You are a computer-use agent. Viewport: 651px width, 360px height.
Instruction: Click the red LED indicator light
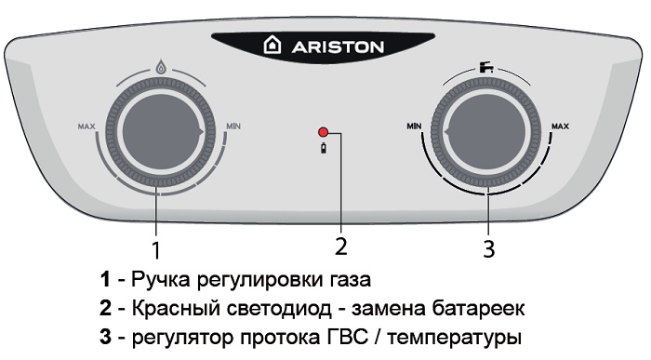(323, 133)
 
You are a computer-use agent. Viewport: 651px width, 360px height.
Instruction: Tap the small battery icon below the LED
(323, 148)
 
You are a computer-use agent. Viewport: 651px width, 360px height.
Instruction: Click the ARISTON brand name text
(337, 47)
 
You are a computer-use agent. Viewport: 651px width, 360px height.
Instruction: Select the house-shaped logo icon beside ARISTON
(272, 46)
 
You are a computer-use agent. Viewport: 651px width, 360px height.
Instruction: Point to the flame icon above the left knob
(161, 66)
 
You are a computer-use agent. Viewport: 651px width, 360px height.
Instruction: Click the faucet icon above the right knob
(486, 67)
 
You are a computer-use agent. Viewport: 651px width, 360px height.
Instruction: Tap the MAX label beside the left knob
(86, 127)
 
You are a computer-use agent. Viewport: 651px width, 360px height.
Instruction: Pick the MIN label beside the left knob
(232, 126)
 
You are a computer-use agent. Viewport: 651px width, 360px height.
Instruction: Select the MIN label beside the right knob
(415, 126)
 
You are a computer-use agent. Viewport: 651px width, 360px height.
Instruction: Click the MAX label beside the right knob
(560, 126)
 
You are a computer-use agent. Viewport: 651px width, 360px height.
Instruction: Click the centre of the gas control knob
(161, 132)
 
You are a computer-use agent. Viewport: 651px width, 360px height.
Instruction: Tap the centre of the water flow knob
(486, 132)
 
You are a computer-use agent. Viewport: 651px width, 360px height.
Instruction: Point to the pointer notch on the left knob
(201, 132)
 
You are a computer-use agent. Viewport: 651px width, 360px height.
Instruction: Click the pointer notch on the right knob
(446, 132)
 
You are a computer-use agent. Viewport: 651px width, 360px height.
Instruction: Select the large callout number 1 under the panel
(155, 250)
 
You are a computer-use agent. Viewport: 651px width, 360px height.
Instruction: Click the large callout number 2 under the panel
(340, 247)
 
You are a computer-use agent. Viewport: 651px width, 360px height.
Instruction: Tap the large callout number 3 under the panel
(489, 248)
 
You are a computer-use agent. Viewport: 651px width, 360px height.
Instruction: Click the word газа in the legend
(350, 281)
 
